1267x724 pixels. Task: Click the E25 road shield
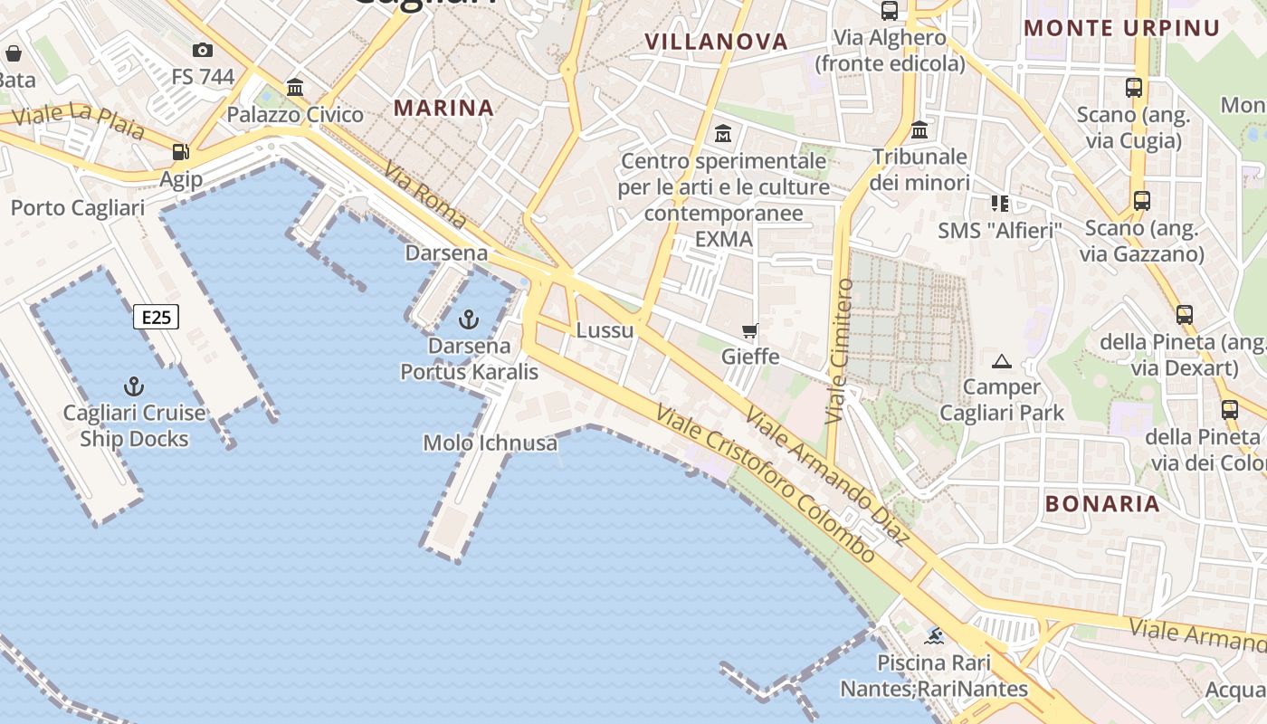(157, 317)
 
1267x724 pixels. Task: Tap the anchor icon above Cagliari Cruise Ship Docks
(134, 387)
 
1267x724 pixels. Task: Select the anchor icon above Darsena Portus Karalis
(469, 319)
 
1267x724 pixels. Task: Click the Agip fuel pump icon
(181, 152)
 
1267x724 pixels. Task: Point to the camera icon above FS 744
(203, 50)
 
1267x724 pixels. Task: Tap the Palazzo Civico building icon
(295, 88)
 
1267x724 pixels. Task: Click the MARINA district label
(443, 108)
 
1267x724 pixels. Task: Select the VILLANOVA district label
(716, 41)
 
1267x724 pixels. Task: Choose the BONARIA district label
(1101, 503)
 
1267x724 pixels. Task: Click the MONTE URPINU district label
(1122, 28)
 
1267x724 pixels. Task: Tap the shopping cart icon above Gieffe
(749, 330)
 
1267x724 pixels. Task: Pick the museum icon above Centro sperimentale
(723, 134)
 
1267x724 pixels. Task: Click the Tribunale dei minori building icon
(919, 130)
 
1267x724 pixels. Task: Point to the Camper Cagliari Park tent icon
(1001, 362)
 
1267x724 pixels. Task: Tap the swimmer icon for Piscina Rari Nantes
(934, 636)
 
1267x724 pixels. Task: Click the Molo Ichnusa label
(490, 443)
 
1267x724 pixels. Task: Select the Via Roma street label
(424, 195)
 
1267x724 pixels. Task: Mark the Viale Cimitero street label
(840, 351)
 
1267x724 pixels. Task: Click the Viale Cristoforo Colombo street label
(766, 483)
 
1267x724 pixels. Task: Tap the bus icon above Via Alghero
(890, 11)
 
